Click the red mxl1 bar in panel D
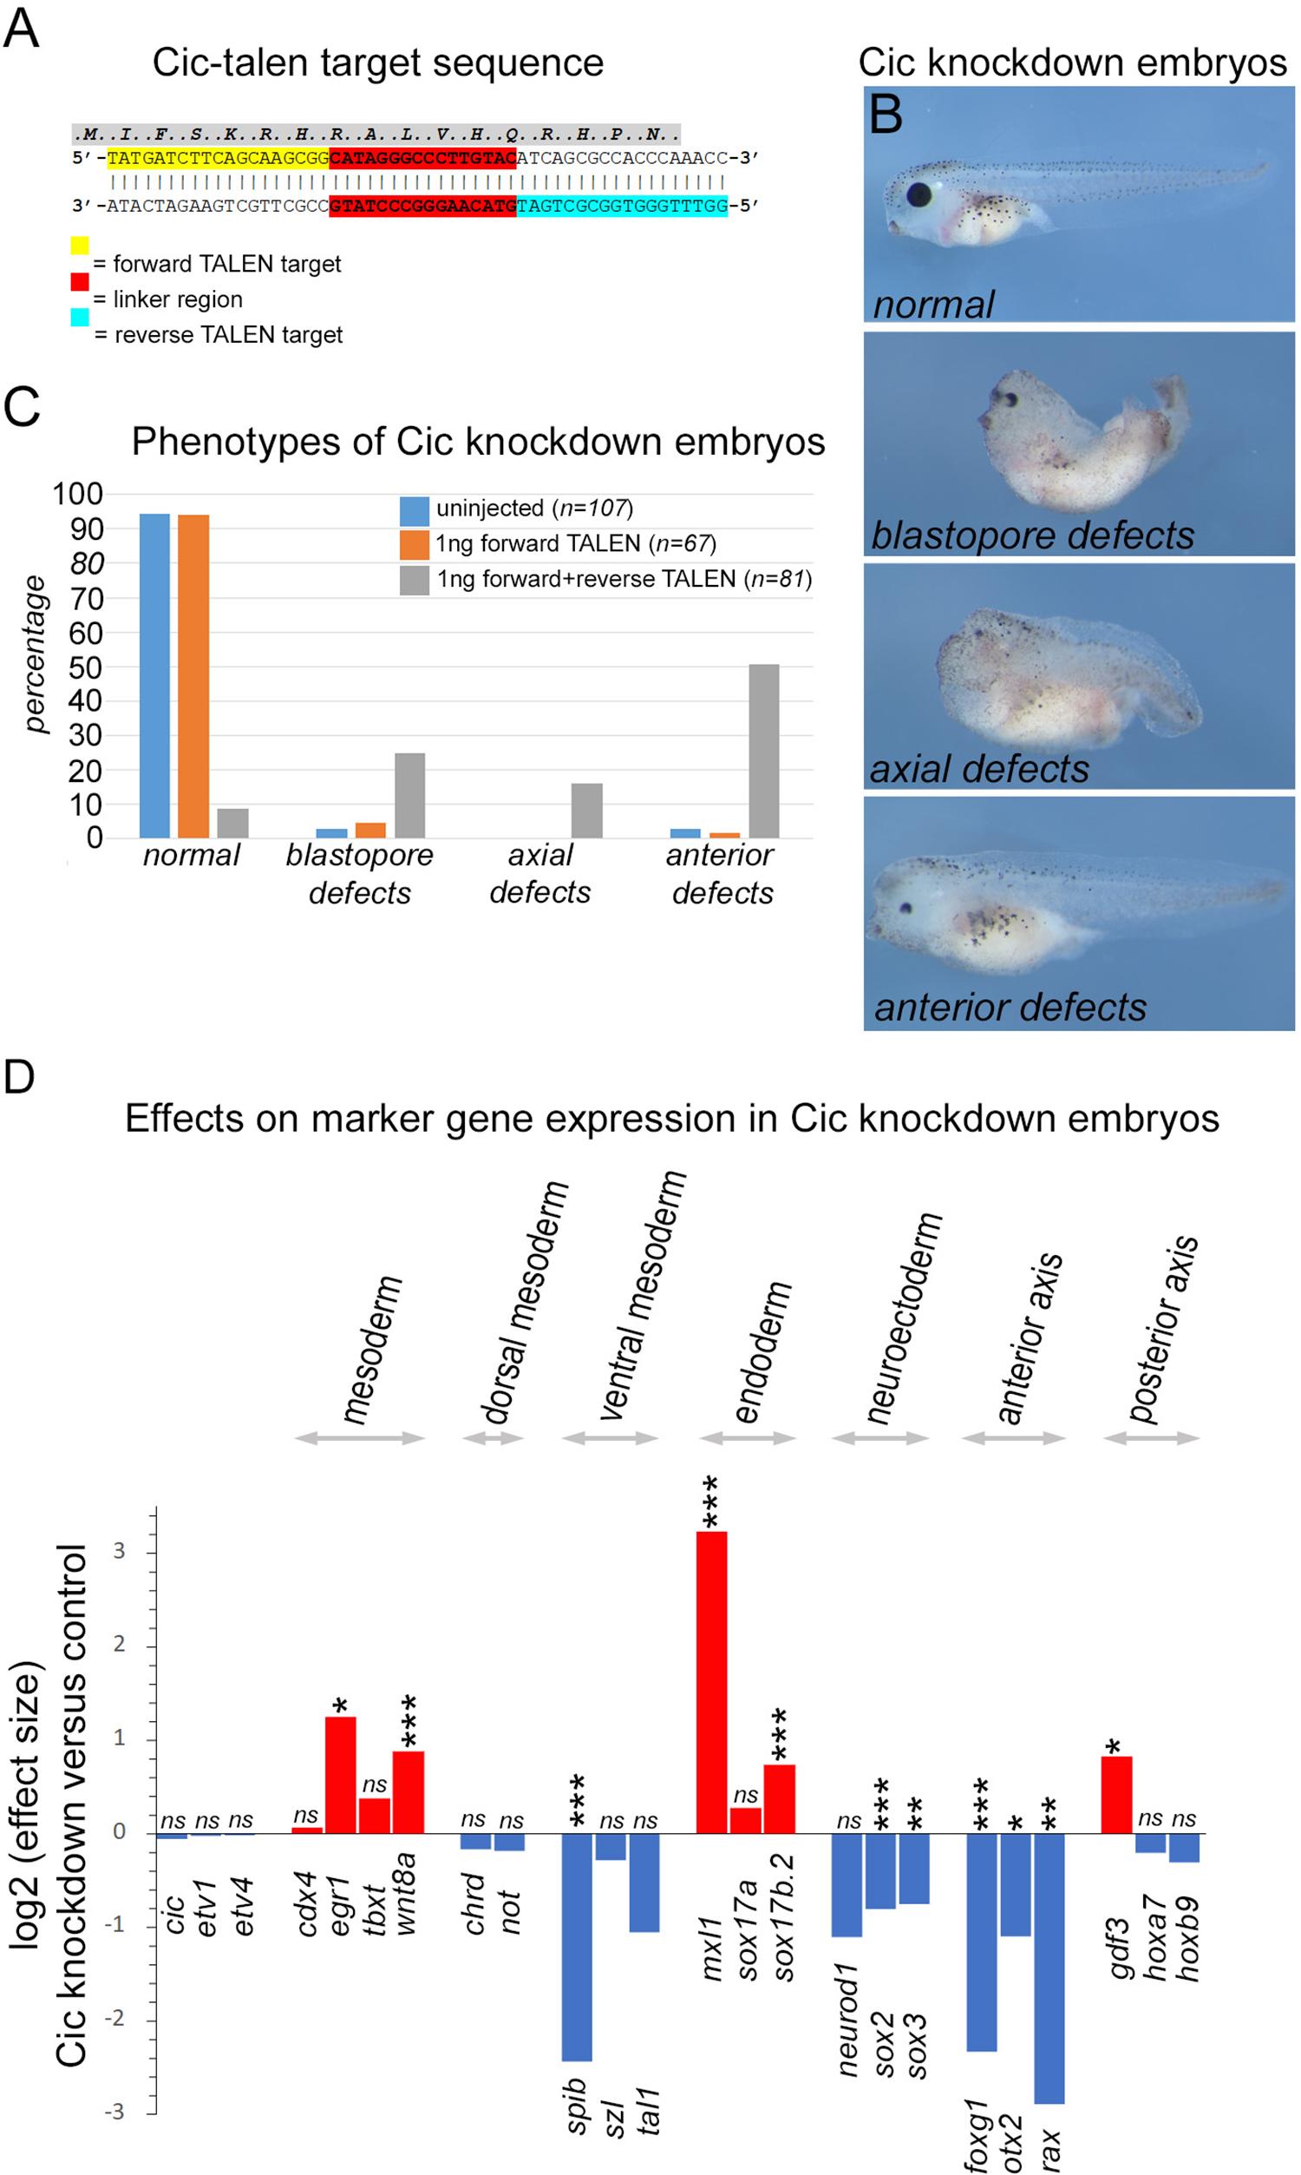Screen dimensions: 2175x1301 point(711,1683)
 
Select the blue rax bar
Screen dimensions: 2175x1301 point(1049,1969)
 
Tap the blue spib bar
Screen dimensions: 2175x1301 point(577,1947)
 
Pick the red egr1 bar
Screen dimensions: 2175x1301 point(340,1775)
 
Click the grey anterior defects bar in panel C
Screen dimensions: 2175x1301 point(763,751)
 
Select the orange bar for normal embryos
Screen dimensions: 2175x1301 point(193,675)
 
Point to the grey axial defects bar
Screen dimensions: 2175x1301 point(586,811)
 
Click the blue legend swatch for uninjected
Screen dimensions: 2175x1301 point(415,509)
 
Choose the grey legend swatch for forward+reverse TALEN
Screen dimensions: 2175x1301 point(415,580)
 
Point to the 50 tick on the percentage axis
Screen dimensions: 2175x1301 point(86,667)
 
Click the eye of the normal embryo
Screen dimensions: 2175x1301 point(919,194)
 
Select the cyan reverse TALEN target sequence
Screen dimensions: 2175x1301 point(622,206)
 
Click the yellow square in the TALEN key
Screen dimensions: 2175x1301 point(80,246)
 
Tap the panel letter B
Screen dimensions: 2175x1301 point(886,114)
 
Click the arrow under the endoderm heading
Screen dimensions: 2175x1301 point(747,1438)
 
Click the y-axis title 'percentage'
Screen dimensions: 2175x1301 point(35,654)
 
